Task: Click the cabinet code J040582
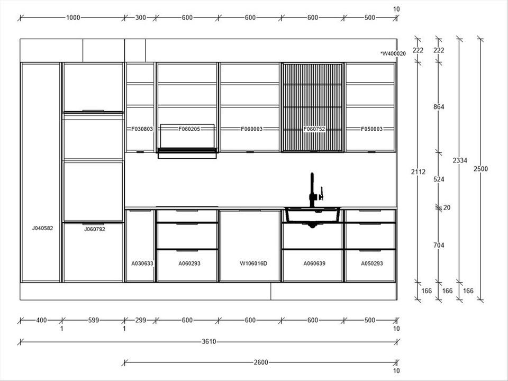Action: (x=42, y=228)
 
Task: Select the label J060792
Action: (x=95, y=229)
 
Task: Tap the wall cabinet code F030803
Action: (x=142, y=129)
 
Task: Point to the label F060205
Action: (x=189, y=129)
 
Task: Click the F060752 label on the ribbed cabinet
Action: (x=314, y=129)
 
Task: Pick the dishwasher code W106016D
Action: (x=253, y=264)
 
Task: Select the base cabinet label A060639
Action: (x=314, y=264)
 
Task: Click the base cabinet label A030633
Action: (x=142, y=264)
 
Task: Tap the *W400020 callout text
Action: (x=393, y=54)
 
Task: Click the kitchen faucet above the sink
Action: (x=312, y=190)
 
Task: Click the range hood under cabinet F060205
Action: (x=187, y=153)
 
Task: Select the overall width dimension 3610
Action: (x=209, y=341)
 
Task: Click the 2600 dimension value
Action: (x=261, y=362)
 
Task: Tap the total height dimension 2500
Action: (x=480, y=169)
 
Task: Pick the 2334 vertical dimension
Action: (x=460, y=160)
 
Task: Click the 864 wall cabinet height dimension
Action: (x=439, y=107)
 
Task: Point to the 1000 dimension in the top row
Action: (x=73, y=17)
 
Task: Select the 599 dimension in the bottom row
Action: (x=94, y=321)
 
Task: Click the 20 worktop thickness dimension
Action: (x=447, y=207)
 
